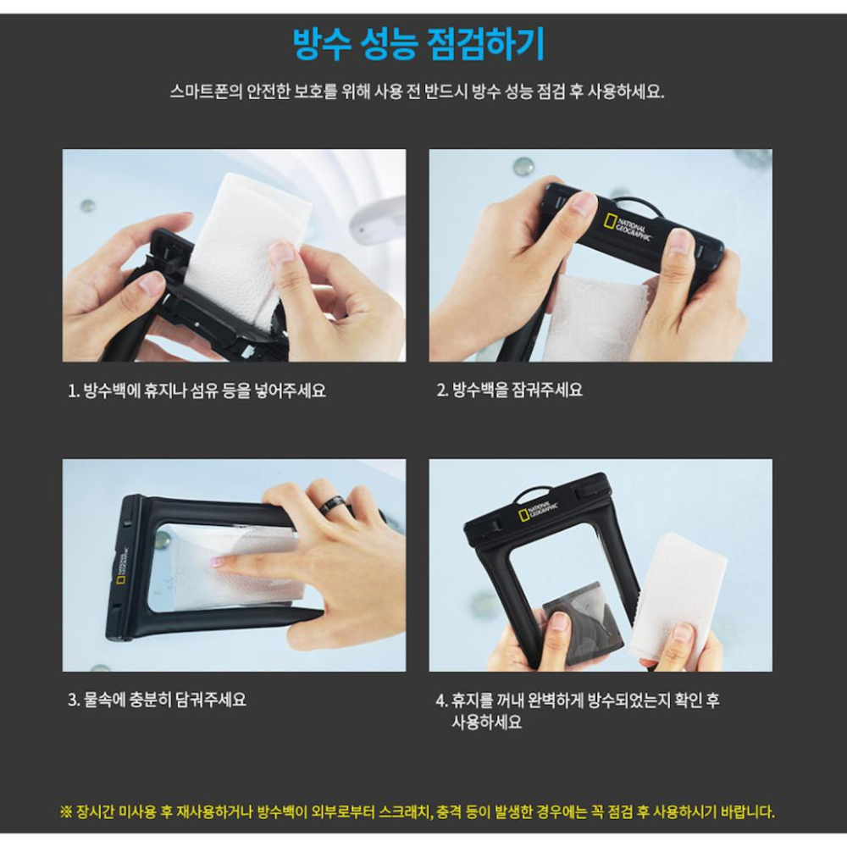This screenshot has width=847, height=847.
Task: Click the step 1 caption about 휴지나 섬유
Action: coord(197,390)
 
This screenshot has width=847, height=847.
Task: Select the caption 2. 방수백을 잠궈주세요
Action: coord(509,390)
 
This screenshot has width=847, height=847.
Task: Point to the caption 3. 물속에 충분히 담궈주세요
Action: coord(158,700)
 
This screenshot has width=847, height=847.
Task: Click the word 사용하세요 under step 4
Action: coord(487,722)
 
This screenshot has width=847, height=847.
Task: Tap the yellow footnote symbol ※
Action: coord(66,811)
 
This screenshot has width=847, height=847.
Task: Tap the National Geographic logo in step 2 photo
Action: coord(626,226)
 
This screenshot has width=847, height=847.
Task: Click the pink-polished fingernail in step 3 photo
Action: coord(217,562)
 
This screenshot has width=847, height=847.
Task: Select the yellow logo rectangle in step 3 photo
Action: coord(121,580)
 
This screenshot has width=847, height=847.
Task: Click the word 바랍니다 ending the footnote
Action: coord(750,811)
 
